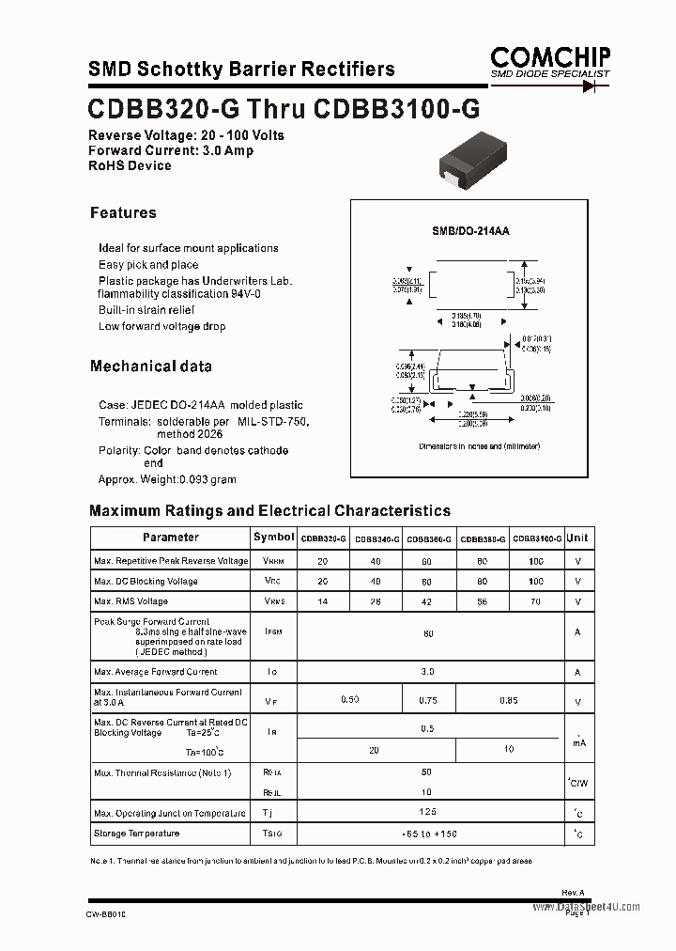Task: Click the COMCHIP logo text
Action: (x=550, y=55)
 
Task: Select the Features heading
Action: (x=123, y=213)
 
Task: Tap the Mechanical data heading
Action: (x=150, y=366)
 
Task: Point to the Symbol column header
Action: (x=273, y=538)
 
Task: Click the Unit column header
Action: (x=577, y=538)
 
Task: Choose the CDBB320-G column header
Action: (x=323, y=538)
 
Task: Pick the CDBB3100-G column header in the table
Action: (x=537, y=538)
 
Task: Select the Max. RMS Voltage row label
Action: (x=131, y=601)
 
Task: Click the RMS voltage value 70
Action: (x=536, y=601)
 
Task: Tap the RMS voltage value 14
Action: (x=323, y=601)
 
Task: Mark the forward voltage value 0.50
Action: (x=349, y=700)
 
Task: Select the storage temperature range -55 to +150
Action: (x=429, y=834)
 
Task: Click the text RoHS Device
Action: (x=130, y=165)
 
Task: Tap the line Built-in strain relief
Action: (x=146, y=310)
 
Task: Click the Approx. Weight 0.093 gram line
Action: (x=167, y=479)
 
